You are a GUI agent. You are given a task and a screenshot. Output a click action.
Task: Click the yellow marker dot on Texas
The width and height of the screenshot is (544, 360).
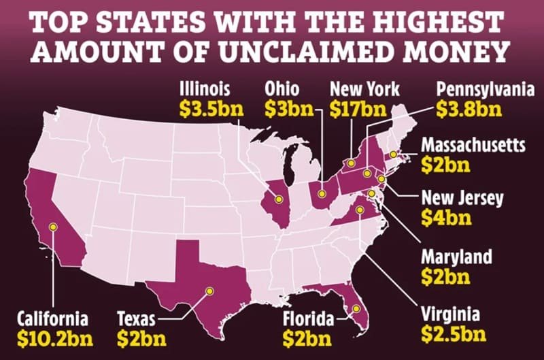tap(209, 291)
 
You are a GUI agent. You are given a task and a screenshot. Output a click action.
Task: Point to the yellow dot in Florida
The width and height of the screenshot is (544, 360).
tap(354, 310)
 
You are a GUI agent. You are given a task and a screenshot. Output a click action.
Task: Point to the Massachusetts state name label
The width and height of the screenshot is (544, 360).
tap(474, 145)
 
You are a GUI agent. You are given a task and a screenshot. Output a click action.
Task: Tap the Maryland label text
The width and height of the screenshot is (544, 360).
tap(456, 257)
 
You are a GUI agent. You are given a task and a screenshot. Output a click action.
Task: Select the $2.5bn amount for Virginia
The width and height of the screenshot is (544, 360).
tap(453, 334)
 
